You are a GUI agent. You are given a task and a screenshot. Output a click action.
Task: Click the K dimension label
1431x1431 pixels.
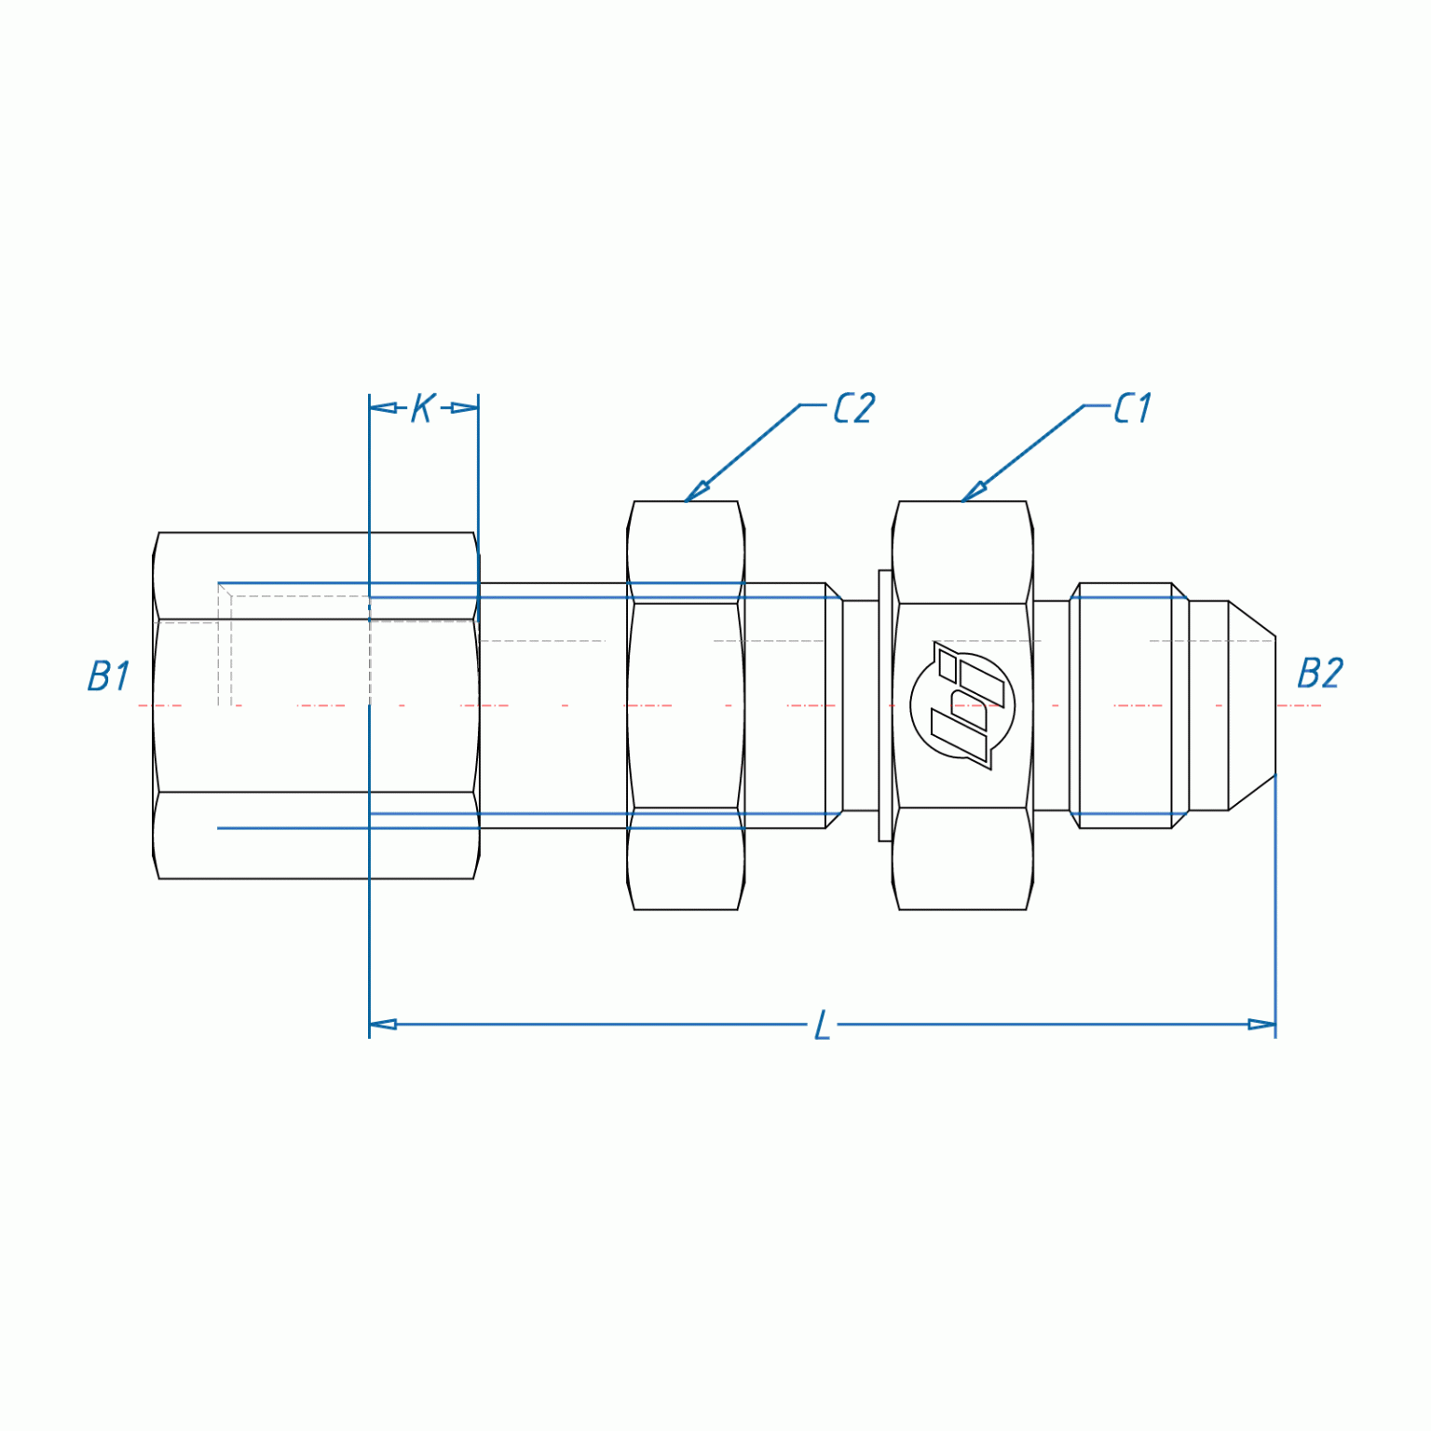[x=423, y=408]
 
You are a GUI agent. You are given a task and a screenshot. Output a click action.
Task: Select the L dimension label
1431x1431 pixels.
[x=822, y=1025]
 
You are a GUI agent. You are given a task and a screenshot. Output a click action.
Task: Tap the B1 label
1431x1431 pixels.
[x=108, y=676]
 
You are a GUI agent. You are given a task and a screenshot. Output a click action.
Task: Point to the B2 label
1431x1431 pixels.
[x=1319, y=674]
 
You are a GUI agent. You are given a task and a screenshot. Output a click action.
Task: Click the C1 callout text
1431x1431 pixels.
[x=1133, y=408]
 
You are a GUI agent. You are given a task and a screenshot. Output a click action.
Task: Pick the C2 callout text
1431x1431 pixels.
[x=853, y=408]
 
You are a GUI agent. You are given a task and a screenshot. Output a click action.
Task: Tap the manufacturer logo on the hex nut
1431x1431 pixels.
[x=962, y=705]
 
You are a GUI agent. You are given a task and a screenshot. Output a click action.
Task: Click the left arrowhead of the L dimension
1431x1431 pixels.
[x=383, y=1025]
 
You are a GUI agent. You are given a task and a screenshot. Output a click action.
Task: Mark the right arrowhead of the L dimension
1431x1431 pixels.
[x=1261, y=1025]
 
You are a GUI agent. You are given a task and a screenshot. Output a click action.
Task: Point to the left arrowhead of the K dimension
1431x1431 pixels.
[x=382, y=408]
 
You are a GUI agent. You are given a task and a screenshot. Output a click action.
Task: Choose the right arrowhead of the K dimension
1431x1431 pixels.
[x=465, y=408]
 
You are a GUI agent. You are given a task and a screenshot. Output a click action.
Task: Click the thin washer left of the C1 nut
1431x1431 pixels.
[x=885, y=705]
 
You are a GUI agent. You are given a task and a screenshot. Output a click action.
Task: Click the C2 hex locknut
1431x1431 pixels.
[x=686, y=705]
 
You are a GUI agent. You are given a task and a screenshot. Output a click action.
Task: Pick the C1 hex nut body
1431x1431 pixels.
[x=962, y=559]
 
